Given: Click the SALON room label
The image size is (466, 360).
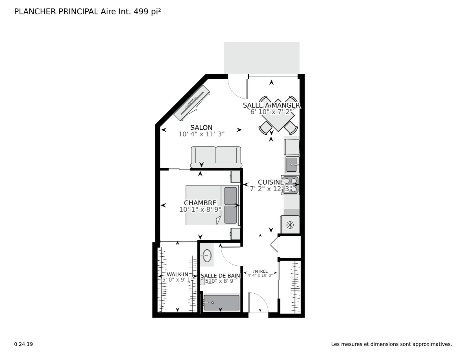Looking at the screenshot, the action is coord(201,127).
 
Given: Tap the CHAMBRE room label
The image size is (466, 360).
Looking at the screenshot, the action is coord(200,203).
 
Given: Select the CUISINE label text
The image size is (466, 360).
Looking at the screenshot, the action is coord(271,182).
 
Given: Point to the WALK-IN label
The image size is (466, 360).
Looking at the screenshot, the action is coord(177,274).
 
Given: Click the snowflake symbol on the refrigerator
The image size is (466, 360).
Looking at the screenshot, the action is coord(290,225).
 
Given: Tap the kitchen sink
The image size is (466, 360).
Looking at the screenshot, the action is coord(292,165).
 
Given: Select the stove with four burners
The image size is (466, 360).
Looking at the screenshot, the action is coord(290,185).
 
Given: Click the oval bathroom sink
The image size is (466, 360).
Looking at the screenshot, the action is coord(207,255).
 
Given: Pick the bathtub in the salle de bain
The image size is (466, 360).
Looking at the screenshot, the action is coord(221,303).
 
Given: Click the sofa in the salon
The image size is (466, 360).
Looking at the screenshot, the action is coord(216,157).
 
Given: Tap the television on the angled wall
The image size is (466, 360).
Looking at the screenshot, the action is coord(191,103).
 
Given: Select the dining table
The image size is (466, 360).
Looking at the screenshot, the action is coord(278,115).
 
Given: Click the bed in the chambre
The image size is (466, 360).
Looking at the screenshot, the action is coord(212,205).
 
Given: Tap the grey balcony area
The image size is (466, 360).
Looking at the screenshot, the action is coord(262,58).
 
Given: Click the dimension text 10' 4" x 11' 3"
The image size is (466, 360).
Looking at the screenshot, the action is coord(201,134).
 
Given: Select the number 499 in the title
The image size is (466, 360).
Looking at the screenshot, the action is coord(141,12).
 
